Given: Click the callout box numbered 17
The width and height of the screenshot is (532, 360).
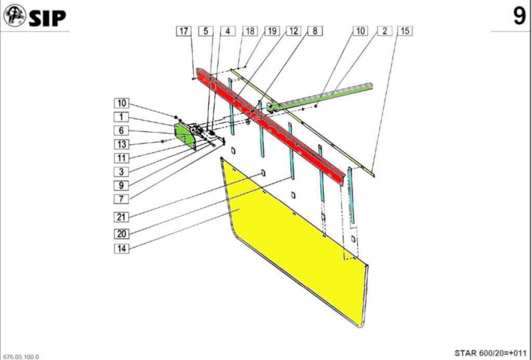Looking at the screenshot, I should (x=183, y=31).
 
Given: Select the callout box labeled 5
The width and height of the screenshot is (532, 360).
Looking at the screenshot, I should (x=206, y=31).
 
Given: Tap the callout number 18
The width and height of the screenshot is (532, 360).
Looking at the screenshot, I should (x=250, y=31).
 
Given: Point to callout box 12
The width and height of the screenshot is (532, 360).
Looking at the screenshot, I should (x=293, y=31).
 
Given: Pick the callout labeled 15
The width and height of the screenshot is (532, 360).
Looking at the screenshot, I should (x=405, y=31).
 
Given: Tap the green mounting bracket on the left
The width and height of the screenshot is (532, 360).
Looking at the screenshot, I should (x=184, y=134).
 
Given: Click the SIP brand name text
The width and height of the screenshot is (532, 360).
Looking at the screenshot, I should (x=47, y=18).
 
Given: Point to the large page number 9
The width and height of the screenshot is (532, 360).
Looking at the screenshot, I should (x=519, y=17).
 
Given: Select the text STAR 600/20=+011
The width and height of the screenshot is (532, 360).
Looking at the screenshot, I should (x=490, y=353).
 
